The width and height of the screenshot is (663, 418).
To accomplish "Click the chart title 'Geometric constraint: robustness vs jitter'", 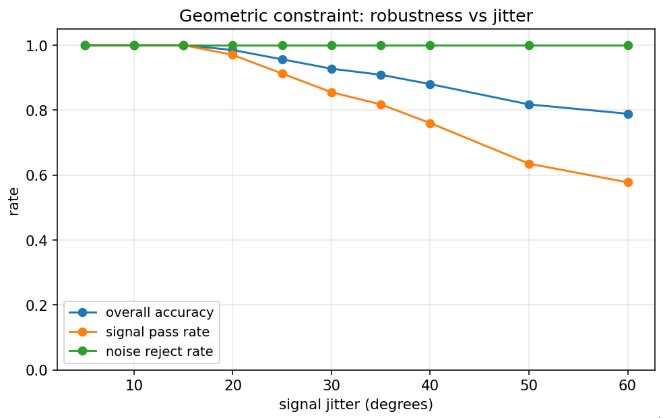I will click(x=356, y=16).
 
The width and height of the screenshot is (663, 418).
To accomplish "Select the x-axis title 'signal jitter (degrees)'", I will click(x=356, y=405).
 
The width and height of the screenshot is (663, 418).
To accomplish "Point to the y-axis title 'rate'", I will click(x=14, y=200).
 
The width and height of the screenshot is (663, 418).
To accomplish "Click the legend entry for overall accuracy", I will click(x=159, y=312).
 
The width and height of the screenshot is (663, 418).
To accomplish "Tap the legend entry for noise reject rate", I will click(x=159, y=351).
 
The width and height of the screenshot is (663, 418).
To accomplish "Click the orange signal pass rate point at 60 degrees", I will click(x=628, y=182).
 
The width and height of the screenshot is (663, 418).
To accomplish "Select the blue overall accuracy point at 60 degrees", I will click(x=628, y=114).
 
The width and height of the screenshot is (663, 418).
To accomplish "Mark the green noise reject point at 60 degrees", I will click(x=628, y=45).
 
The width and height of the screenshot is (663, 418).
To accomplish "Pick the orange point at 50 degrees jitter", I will click(x=529, y=164).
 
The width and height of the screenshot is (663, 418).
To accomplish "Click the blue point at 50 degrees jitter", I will click(x=529, y=104).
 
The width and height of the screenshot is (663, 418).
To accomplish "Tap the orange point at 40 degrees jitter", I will click(x=430, y=123).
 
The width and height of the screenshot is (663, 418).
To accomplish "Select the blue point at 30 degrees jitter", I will click(x=331, y=69).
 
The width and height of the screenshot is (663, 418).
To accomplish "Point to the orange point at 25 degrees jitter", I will click(x=282, y=73).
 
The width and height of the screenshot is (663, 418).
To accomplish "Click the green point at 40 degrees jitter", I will click(x=430, y=45).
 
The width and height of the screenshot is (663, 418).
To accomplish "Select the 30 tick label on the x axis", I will click(x=331, y=386).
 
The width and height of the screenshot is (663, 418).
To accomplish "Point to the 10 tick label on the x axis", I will click(x=134, y=386).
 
